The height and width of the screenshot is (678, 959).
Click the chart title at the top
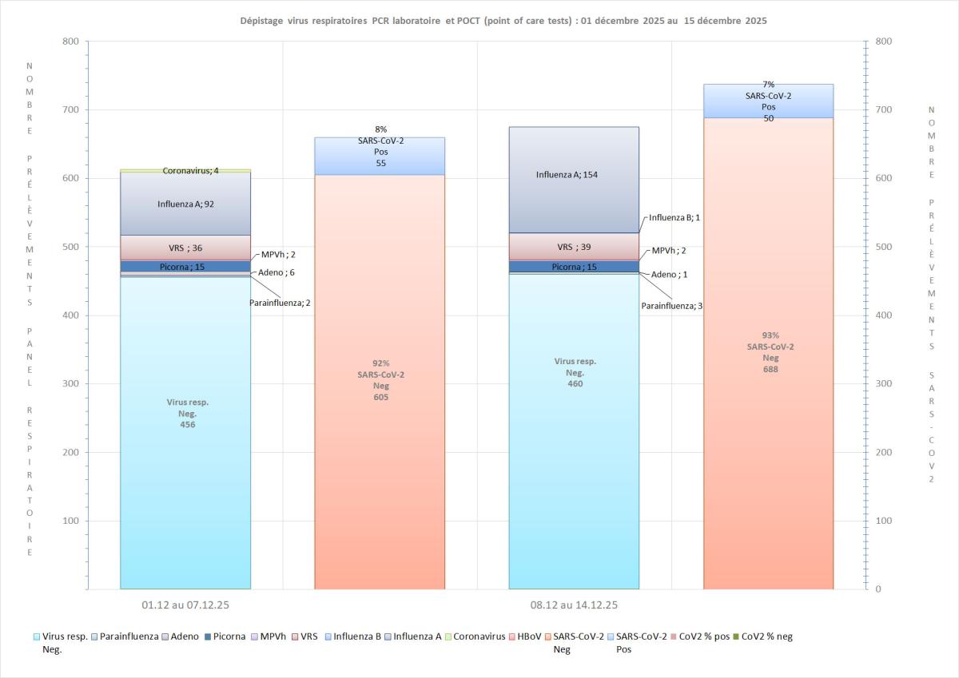tap(503, 21)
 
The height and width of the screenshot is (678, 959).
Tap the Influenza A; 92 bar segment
tap(185, 204)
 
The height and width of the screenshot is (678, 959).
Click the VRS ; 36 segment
tap(185, 248)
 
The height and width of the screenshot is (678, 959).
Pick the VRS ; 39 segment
tap(575, 247)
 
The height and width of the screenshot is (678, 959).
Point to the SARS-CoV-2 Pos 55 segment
tap(380, 156)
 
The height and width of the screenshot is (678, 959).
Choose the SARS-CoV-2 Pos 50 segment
tap(768, 101)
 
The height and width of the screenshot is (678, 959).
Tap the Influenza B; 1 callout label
tap(675, 217)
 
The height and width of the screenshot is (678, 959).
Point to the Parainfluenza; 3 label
tap(672, 305)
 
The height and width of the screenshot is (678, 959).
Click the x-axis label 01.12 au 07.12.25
tap(185, 605)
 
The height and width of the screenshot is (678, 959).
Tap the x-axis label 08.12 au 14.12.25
tap(574, 605)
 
